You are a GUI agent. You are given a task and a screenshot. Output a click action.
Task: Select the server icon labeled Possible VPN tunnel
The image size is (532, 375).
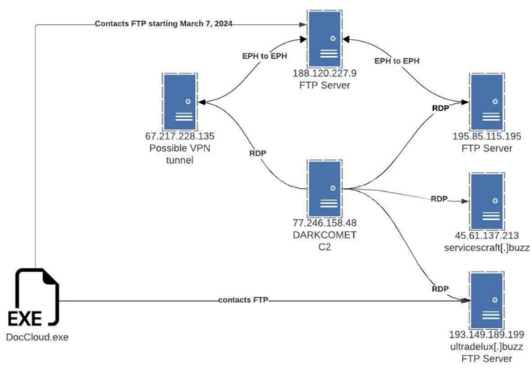coord(179,101)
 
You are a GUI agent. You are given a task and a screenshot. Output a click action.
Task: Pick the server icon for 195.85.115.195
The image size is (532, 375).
coord(486,101)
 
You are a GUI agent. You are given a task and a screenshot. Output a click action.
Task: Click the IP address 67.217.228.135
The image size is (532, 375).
coord(181,138)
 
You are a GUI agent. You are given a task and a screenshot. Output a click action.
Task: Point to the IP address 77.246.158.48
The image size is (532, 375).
coord(325,223)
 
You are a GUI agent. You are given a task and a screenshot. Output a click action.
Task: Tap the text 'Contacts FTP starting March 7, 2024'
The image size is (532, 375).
coord(164,24)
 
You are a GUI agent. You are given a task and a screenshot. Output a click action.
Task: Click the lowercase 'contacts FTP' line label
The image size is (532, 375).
coord(243,300)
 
